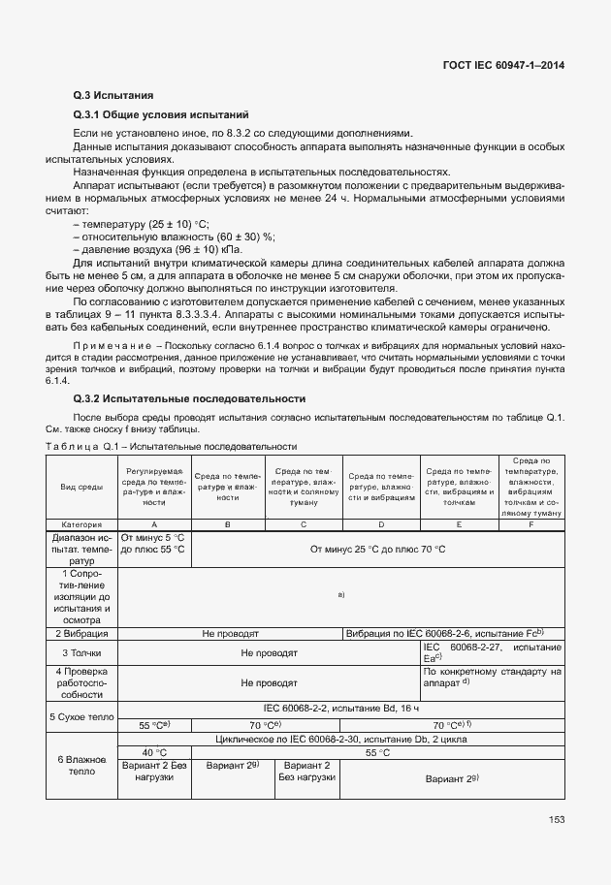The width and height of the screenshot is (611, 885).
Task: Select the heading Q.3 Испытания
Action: point(113,96)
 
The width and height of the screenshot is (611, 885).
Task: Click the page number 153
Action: point(556,819)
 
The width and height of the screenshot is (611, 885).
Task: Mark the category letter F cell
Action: point(531,523)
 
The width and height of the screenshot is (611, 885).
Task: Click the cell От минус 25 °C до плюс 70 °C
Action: point(377,550)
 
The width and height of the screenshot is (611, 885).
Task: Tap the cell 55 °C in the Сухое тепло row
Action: point(154,724)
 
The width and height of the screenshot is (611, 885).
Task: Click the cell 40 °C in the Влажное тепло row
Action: point(154,752)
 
